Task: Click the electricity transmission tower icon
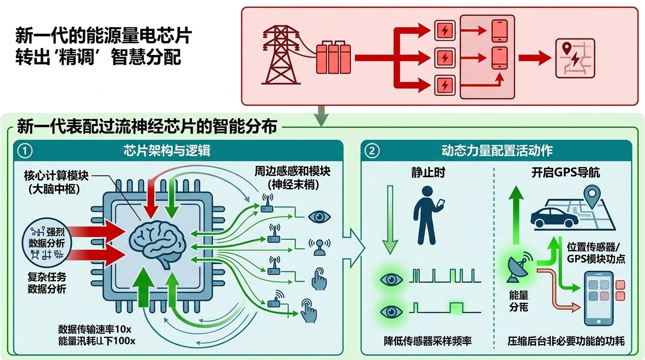pos(282,55)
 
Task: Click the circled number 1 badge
pos(25,151)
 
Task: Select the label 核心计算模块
pos(56,176)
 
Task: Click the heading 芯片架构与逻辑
pos(167,150)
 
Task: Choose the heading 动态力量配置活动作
pos(497,150)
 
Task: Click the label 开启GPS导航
pos(565,172)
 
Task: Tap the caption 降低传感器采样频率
pos(427,341)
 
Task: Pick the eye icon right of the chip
pos(320,217)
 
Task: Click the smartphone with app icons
pos(598,298)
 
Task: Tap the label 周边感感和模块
pos(292,172)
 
